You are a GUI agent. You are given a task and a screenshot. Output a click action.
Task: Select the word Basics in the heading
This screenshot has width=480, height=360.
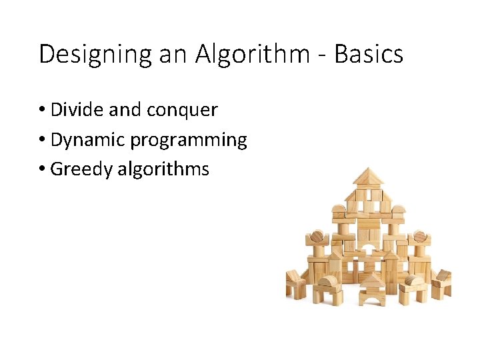coord(369,54)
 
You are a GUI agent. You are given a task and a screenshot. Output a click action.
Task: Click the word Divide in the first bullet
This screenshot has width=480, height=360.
coord(73,109)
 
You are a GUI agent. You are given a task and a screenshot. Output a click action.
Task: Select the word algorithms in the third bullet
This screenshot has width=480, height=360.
coord(163,169)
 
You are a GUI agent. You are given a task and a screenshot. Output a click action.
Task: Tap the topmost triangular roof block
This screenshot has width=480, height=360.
coord(369,177)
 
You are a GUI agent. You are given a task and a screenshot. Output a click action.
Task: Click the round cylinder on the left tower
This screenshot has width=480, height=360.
coord(317,236)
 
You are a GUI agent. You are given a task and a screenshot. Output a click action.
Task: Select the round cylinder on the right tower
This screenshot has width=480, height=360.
coord(420,236)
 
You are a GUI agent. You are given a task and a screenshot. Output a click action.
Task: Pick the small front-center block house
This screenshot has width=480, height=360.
coord(373,291)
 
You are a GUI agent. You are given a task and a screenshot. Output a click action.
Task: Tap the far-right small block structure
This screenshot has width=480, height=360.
coord(442,283)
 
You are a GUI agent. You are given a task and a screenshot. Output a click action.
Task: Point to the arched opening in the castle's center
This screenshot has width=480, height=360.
coord(369,257)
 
